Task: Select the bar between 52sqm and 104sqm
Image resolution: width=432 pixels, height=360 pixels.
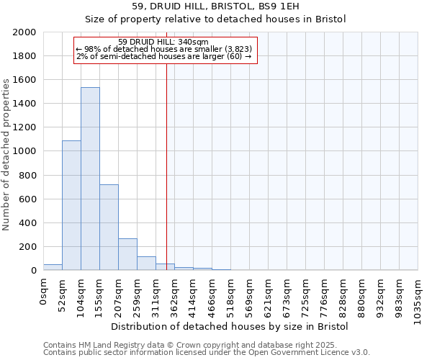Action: coord(71,205)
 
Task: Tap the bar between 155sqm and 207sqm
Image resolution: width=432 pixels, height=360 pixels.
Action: coord(109,228)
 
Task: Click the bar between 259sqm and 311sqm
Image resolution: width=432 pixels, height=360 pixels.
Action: coord(146,264)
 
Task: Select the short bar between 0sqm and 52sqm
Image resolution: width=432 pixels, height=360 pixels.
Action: coord(53,267)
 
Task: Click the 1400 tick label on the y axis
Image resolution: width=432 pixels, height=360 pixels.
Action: coord(24,104)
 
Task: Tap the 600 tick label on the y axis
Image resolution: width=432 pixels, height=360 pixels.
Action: coord(27,199)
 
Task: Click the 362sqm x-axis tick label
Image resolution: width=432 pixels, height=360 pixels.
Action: coord(174,294)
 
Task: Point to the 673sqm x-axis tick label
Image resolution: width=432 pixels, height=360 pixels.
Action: coord(287,294)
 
